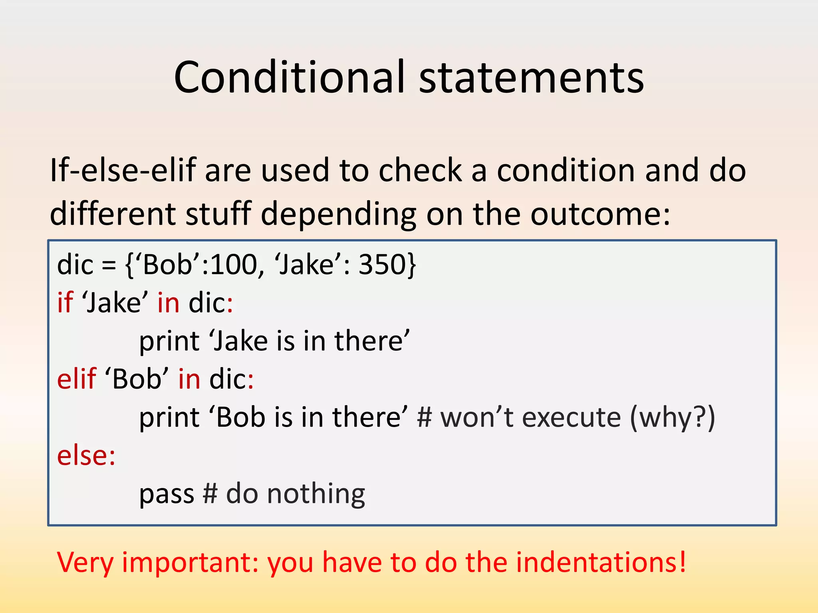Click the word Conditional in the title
(290, 77)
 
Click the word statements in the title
(531, 77)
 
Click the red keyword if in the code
(65, 302)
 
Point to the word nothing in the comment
(316, 494)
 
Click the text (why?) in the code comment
(672, 417)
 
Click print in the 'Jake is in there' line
(169, 341)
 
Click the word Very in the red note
(85, 562)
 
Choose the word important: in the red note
(190, 562)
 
